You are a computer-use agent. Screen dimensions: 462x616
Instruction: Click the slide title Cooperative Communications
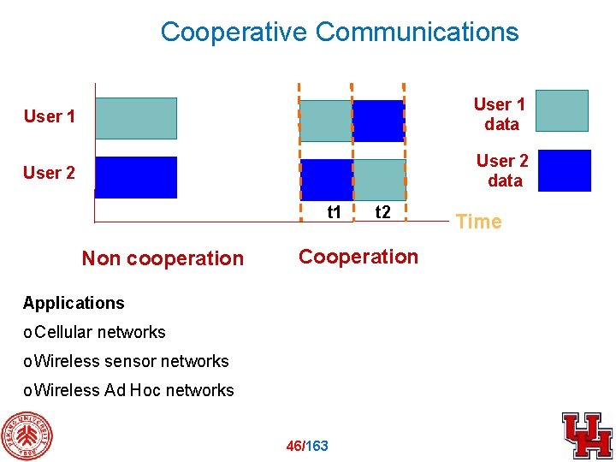[340, 32]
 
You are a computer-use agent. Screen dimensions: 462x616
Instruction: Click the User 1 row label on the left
[49, 116]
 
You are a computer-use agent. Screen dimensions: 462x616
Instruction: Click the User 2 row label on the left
[49, 173]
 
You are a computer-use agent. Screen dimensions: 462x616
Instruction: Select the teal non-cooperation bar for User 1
[135, 118]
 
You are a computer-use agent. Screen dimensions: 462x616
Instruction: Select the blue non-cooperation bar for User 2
[135, 177]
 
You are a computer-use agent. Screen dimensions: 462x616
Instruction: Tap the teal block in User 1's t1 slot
[326, 121]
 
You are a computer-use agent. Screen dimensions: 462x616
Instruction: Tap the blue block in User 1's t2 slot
[378, 121]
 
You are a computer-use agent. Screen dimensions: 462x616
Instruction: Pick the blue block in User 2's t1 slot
[326, 179]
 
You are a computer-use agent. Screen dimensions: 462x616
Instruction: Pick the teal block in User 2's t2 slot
[379, 179]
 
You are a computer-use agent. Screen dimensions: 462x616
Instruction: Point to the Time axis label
[478, 222]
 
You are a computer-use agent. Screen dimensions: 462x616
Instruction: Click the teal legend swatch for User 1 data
[562, 110]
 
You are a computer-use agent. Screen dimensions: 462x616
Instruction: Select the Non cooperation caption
[163, 258]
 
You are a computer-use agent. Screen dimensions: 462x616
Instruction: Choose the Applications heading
[74, 303]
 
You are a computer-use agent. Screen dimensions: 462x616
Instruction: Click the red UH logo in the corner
[587, 435]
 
